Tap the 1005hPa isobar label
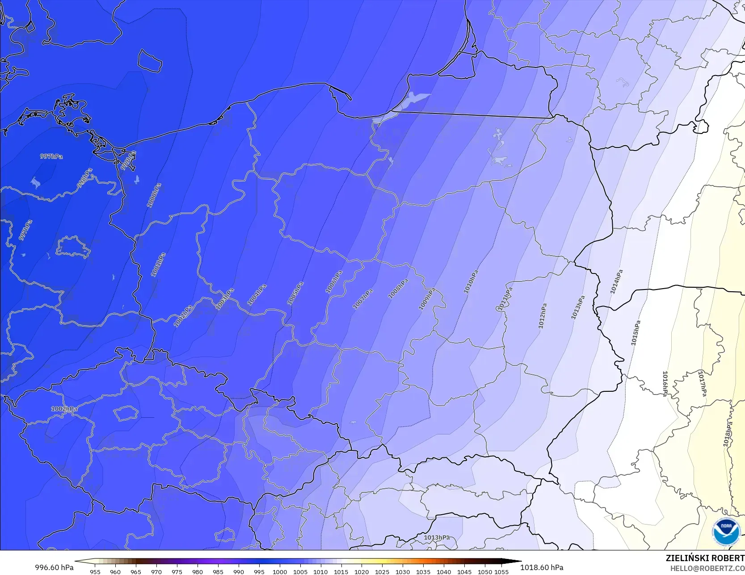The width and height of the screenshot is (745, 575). click(295, 293)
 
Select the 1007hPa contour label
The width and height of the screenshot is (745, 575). click(362, 299)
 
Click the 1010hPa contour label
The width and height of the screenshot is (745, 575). click(471, 281)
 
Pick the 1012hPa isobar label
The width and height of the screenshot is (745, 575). click(542, 316)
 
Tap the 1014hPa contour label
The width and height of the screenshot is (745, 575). click(616, 282)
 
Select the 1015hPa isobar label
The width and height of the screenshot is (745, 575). click(636, 333)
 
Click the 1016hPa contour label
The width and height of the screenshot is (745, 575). click(665, 383)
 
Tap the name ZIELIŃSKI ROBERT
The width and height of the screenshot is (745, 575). click(705, 558)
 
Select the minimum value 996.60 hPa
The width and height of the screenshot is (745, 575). click(54, 567)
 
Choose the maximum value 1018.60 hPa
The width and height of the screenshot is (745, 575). click(542, 567)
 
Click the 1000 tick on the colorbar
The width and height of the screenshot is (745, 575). click(280, 571)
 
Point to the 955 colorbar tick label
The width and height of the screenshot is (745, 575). click(95, 571)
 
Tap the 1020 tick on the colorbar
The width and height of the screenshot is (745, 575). click(362, 571)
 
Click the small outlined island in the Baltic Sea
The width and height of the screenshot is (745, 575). click(149, 60)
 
